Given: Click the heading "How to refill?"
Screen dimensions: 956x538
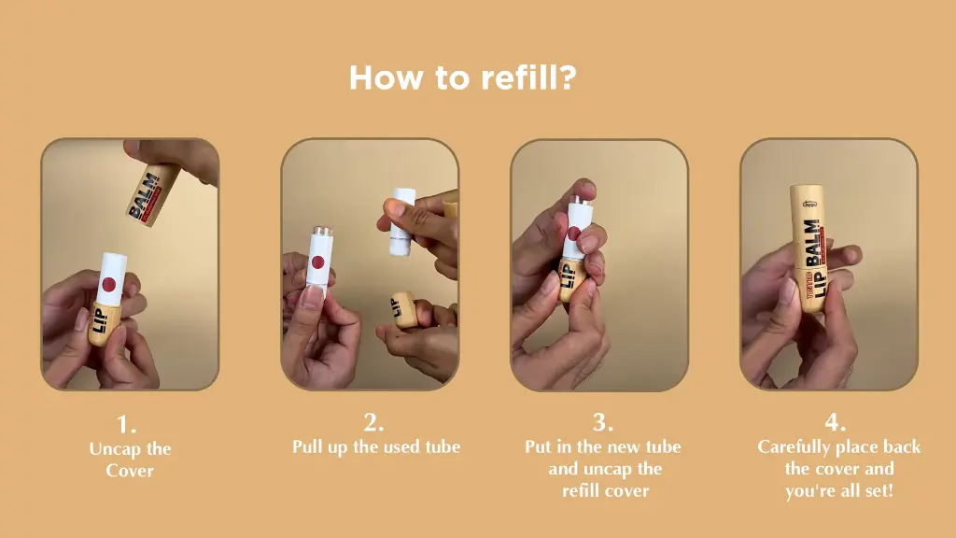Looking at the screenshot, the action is click(463, 78).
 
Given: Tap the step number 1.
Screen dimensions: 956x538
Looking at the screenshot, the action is click(126, 424).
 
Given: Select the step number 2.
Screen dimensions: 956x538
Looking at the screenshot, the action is click(373, 422).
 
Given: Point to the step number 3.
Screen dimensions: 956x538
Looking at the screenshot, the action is click(603, 422).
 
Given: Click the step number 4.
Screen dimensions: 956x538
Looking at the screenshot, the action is click(836, 422).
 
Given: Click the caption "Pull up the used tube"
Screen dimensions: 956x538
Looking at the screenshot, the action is click(376, 447).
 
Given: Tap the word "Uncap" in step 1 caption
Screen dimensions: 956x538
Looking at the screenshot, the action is click(115, 449).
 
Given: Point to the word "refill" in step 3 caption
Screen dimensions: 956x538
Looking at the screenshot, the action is click(580, 491).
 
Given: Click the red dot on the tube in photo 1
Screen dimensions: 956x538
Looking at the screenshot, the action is click(108, 284).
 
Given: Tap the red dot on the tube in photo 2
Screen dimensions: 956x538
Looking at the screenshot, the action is click(317, 262).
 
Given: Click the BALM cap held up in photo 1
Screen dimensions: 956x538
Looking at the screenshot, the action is click(152, 193).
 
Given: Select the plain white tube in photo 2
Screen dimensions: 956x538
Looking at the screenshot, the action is click(402, 220).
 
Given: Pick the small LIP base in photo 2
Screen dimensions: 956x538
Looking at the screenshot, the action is click(402, 310).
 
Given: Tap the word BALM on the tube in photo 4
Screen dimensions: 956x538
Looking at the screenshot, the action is click(813, 243).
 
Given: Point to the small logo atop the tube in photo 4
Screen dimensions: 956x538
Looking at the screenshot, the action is click(809, 205).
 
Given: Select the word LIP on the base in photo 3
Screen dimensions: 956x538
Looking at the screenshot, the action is click(567, 276).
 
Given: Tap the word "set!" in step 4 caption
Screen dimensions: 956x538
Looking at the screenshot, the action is click(879, 491).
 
